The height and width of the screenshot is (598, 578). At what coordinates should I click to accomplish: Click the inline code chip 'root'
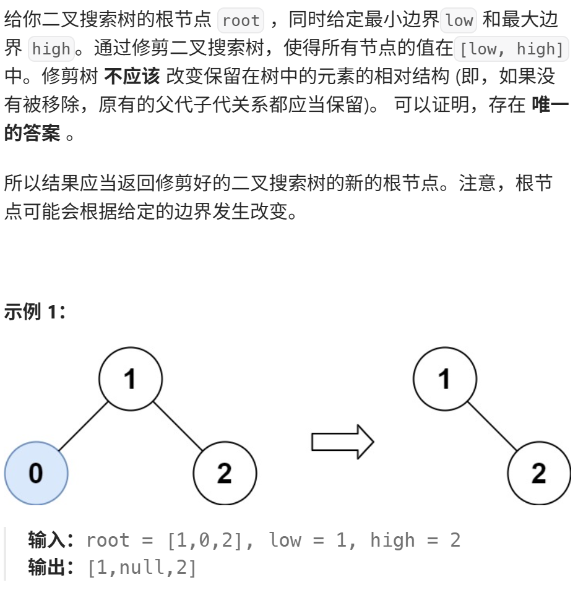tap(241, 20)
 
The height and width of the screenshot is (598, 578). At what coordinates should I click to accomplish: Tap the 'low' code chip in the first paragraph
tap(459, 20)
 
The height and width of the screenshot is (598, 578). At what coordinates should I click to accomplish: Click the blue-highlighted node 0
tap(36, 473)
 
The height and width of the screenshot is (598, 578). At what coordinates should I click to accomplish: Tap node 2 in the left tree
tap(225, 473)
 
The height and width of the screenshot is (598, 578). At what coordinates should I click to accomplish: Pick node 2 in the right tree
tap(538, 473)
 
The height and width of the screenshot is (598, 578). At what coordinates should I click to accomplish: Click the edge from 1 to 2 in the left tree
tap(178, 426)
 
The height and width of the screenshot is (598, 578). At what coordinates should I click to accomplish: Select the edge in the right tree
tap(492, 426)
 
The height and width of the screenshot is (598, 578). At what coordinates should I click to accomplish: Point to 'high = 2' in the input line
tap(415, 540)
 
